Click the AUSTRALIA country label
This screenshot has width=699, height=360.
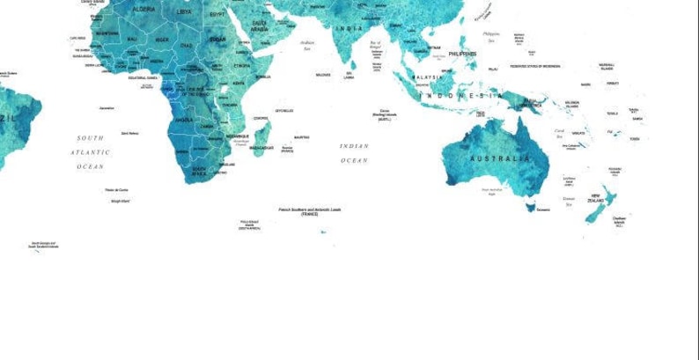[x=500, y=158]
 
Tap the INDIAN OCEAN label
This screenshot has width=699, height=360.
[x=354, y=153]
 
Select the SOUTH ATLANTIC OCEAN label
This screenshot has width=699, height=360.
[x=90, y=151]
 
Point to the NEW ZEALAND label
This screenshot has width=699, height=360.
[x=596, y=199]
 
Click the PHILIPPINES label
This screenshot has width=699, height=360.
[x=462, y=54]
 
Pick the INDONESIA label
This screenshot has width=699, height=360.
[x=462, y=95]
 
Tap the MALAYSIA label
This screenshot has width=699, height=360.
[x=428, y=77]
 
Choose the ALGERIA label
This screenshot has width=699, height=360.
[x=144, y=9]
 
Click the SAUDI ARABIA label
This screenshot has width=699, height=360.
[x=260, y=26]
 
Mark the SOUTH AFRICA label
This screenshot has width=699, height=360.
[x=200, y=171]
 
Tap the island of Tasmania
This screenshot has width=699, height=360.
[x=530, y=208]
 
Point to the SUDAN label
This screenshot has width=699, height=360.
[x=217, y=39]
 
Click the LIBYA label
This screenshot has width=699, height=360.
[x=184, y=12]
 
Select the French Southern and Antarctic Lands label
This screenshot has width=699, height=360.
[x=310, y=211]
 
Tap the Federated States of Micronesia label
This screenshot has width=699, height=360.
[x=535, y=66]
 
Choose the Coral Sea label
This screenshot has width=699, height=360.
[x=560, y=133]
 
